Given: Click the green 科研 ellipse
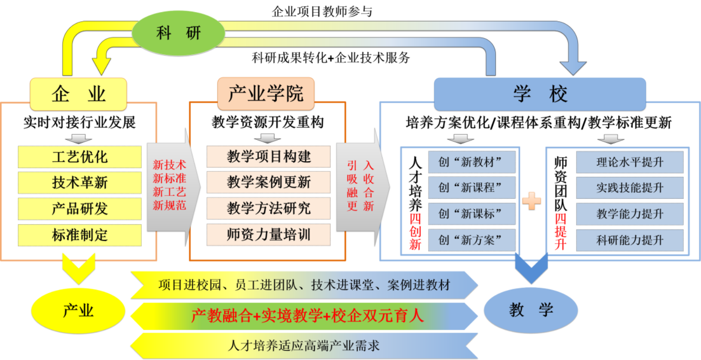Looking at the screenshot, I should coord(178,33).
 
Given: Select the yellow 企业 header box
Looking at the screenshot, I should coord(78,94).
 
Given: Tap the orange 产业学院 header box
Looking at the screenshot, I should coord(266,93).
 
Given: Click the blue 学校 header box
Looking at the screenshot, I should coord(540,94).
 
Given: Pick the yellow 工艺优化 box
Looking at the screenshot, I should coord(80,157).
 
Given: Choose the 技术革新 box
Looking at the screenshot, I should coord(80,183).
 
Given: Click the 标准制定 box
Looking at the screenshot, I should coord(80,235).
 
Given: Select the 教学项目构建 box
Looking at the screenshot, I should coord(268,157).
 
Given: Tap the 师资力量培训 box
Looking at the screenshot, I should coord(268,235).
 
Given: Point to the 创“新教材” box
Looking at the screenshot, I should coord(472,162).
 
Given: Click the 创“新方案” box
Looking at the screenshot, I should coord(472,240).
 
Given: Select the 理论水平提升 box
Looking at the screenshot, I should coord(630,162).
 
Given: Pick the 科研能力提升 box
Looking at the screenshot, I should coord(630,240).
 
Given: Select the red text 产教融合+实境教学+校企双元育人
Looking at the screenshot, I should coord(307,316).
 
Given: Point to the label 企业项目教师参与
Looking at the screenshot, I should coord(322,12).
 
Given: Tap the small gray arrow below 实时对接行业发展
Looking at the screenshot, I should coord(79,139).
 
